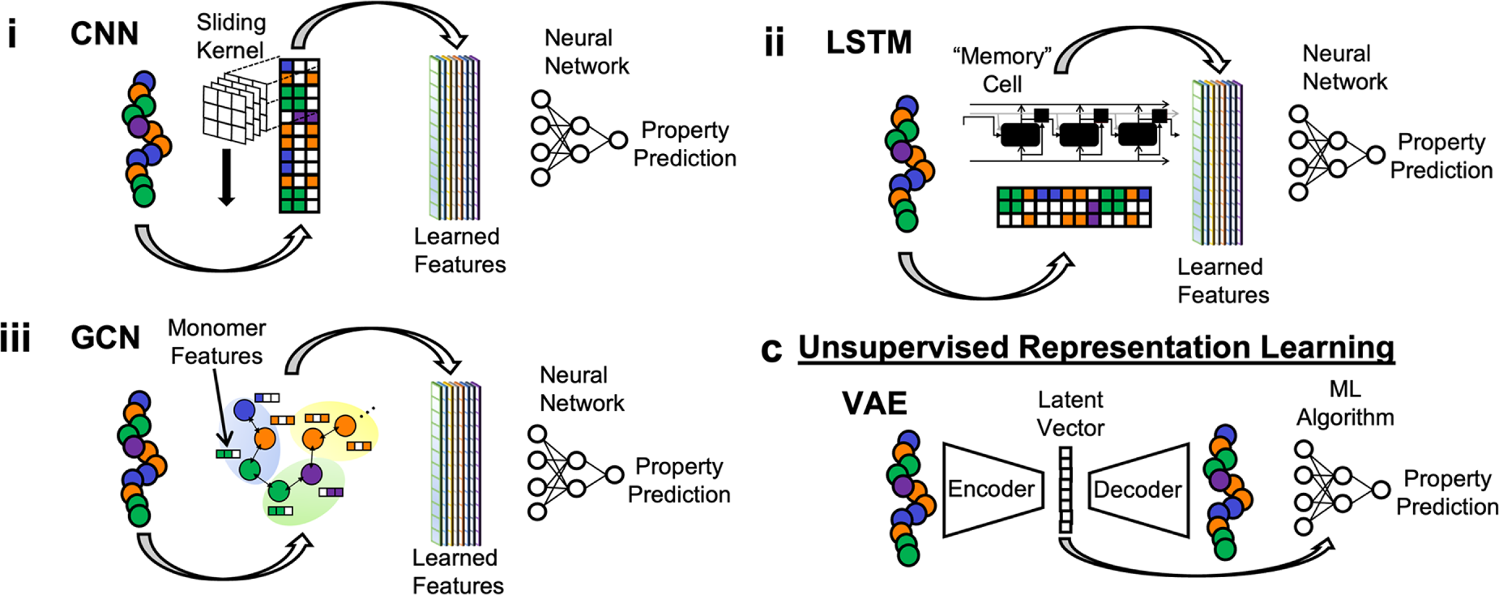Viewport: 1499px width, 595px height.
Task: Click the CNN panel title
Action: click(x=105, y=34)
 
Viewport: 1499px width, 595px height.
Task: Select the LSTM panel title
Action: click(x=869, y=42)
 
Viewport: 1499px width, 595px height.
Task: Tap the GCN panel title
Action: click(x=105, y=337)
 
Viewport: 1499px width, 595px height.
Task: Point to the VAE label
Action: click(x=874, y=403)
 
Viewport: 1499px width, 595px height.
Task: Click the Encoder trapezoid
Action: click(x=992, y=489)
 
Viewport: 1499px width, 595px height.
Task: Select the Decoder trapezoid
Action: click(x=1138, y=489)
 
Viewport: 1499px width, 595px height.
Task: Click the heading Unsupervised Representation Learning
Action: click(x=1095, y=347)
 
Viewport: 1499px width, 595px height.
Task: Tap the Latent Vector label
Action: click(x=1070, y=413)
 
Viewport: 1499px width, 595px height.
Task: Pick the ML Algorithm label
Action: click(x=1345, y=403)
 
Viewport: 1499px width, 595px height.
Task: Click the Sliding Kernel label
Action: click(x=231, y=36)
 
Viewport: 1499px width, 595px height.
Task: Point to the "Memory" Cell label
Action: click(x=1002, y=70)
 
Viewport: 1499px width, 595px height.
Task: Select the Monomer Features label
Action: click(x=216, y=341)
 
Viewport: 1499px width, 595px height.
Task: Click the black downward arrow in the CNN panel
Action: click(x=227, y=177)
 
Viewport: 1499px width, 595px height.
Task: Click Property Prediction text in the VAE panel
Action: click(x=1447, y=492)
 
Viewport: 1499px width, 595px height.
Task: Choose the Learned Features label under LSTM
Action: click(x=1223, y=280)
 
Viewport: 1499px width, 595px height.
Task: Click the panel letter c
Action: click(x=771, y=349)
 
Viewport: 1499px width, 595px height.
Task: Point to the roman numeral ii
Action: click(x=775, y=42)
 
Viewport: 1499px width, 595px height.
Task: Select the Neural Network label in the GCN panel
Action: click(x=582, y=389)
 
